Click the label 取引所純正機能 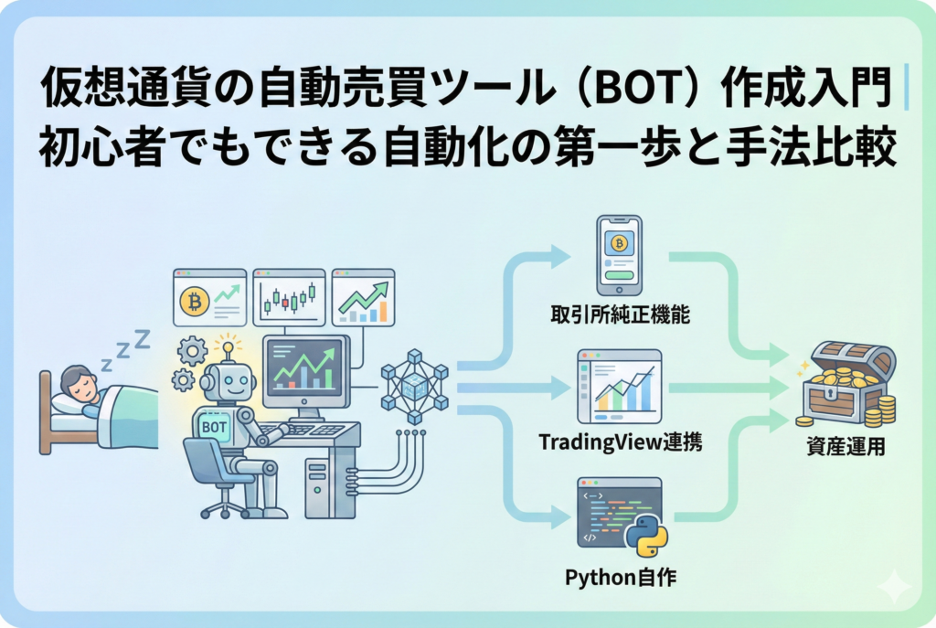click(x=619, y=315)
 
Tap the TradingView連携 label click(x=619, y=442)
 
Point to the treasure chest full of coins click(x=842, y=384)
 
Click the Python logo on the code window click(x=646, y=534)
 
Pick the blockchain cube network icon click(x=414, y=386)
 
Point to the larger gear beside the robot click(x=193, y=350)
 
